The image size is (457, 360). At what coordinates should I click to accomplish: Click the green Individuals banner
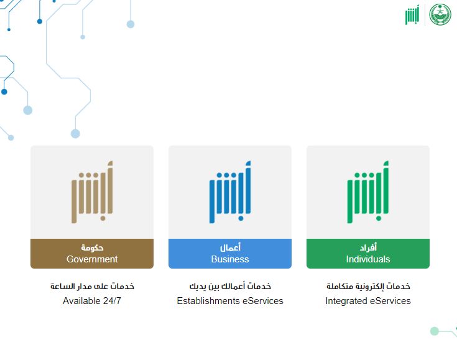pos(367,253)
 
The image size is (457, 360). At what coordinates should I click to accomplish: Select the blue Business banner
pos(229,253)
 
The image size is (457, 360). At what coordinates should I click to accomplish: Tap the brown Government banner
pos(91,253)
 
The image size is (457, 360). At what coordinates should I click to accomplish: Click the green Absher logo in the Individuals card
pos(368,192)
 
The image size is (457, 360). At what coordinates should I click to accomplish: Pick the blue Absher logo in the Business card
pos(230,192)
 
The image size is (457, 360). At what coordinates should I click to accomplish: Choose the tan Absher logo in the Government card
pos(92,192)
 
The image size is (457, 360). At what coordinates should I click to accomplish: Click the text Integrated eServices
pos(367,301)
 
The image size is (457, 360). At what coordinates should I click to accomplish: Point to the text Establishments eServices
pos(229,301)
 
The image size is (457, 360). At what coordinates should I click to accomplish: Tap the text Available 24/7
pos(92,301)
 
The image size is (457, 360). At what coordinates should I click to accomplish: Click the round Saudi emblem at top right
pos(441,15)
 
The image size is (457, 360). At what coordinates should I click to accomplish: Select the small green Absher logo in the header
pos(412,16)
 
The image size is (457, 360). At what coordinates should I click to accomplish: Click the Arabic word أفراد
pos(368,247)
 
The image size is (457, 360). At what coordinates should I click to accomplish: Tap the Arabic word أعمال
pos(230,247)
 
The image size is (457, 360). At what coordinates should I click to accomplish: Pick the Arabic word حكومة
pos(92,247)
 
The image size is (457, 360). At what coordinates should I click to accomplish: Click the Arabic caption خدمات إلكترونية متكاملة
pos(368,287)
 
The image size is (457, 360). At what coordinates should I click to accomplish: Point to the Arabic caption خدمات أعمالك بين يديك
pos(230,287)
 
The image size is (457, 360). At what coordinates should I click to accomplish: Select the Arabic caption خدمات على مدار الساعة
pos(92,287)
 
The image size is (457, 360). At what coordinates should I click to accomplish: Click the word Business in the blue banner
pos(230,259)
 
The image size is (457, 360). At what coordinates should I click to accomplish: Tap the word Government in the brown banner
pos(92,259)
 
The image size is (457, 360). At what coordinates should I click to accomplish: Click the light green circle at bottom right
pos(435,331)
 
